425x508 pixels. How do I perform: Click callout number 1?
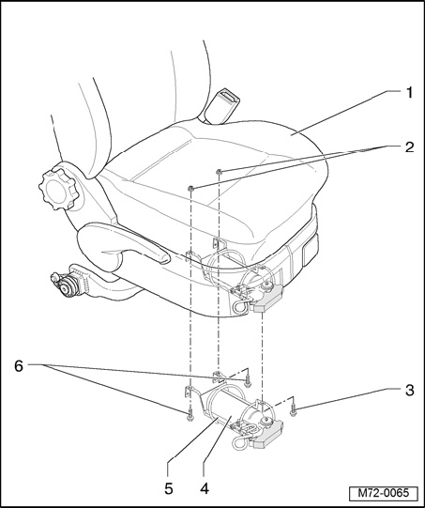(409, 93)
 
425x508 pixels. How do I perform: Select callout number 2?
(409, 147)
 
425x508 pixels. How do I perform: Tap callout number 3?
(409, 391)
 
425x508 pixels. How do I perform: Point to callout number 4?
(205, 488)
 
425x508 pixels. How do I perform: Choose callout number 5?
(169, 488)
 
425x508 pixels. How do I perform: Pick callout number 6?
(19, 366)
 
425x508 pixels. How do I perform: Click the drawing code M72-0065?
(384, 493)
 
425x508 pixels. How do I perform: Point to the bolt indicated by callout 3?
(294, 411)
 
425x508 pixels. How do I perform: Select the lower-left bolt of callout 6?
(190, 417)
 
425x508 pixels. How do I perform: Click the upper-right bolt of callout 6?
(248, 381)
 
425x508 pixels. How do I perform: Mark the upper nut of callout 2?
(220, 172)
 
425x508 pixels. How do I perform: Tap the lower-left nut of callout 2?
(191, 188)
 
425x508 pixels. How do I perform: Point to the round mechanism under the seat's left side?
(67, 284)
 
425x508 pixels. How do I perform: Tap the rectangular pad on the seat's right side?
(311, 250)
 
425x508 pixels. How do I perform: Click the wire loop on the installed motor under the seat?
(241, 306)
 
